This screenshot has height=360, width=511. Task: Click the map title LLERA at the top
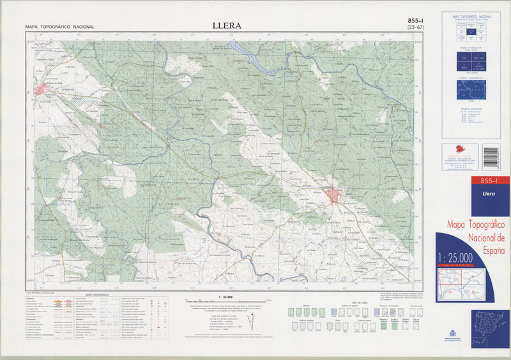click(227, 26)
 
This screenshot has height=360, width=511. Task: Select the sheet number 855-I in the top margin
click(417, 21)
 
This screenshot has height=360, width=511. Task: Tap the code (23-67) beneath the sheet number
click(417, 28)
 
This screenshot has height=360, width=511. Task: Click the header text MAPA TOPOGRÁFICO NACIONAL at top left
click(60, 27)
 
